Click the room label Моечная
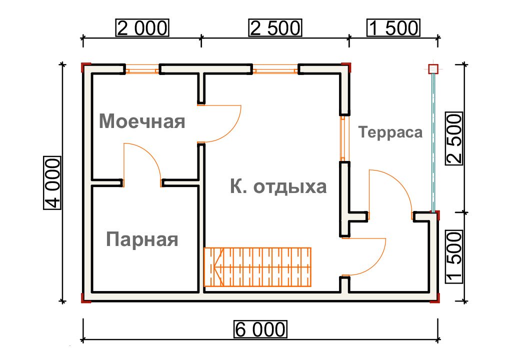[142, 121]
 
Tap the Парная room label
[142, 239]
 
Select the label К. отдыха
[278, 186]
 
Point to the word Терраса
[390, 132]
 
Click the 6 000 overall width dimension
[260, 329]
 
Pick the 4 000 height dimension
[52, 183]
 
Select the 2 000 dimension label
[142, 28]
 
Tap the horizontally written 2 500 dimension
[275, 28]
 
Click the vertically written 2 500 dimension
[454, 138]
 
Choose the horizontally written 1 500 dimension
[393, 28]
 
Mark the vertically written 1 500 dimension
[454, 257]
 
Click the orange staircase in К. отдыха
[257, 267]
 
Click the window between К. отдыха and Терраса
[343, 138]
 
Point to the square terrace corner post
[433, 69]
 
